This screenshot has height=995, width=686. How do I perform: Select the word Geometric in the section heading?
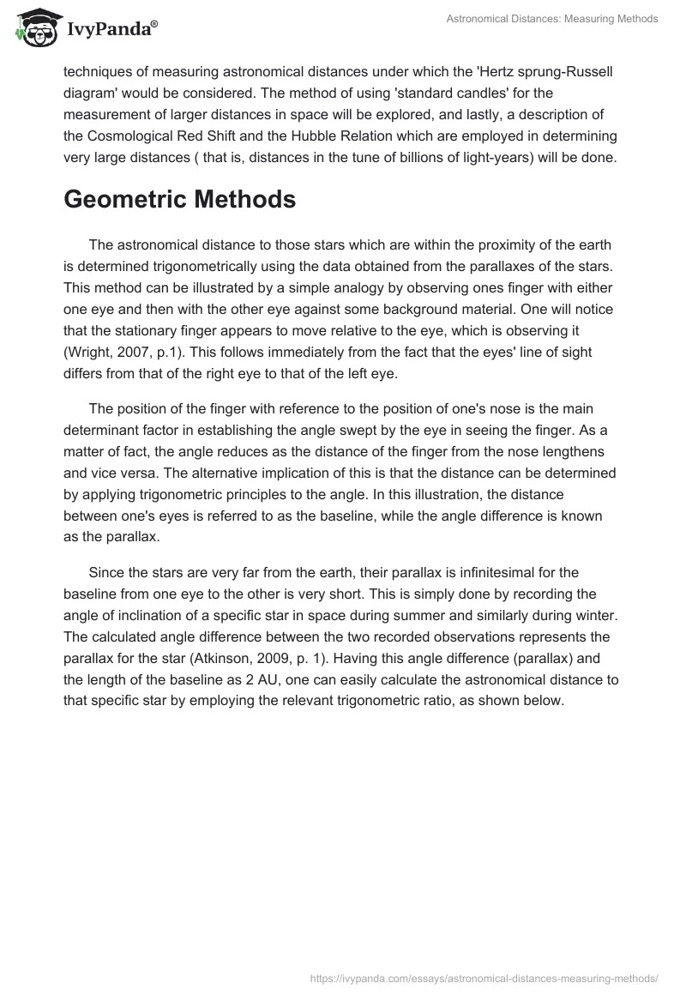(129, 200)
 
